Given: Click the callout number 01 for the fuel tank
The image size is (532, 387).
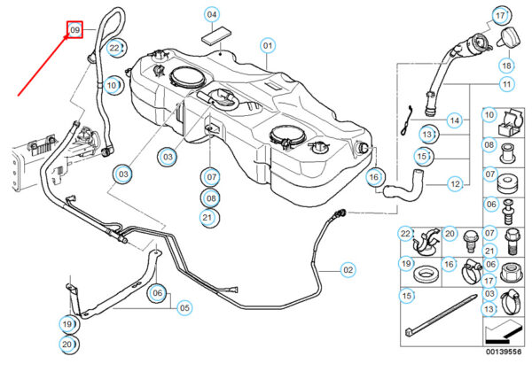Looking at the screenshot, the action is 268,45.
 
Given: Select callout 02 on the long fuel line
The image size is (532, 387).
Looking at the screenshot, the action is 348,270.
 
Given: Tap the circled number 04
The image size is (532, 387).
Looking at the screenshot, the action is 212,14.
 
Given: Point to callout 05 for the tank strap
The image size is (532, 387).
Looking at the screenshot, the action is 184,307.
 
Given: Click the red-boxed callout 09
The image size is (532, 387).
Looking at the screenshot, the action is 74,30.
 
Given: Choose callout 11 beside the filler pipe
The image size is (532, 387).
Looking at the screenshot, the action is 506,84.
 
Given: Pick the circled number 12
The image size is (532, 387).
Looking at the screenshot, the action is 455,184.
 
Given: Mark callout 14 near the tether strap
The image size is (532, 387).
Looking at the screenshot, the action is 455,120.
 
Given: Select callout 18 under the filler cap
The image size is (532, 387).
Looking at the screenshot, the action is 506,66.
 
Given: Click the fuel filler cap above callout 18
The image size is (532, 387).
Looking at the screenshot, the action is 509,37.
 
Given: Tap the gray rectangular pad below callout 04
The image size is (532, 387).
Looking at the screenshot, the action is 216,36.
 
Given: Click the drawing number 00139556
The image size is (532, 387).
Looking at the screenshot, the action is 504,352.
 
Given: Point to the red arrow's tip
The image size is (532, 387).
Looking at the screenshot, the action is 65,35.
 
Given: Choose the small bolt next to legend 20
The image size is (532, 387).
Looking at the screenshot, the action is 471,241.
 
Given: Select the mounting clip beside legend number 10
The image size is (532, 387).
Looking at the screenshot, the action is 511,123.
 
